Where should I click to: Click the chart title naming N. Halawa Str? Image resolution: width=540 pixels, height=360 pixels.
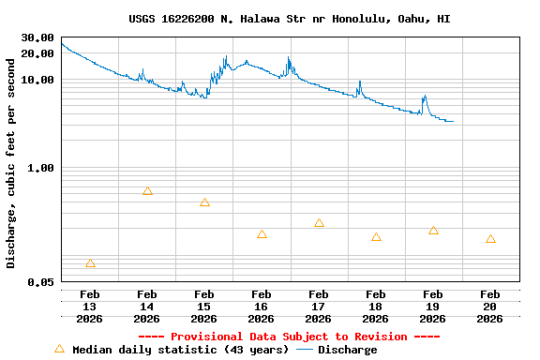(289, 19)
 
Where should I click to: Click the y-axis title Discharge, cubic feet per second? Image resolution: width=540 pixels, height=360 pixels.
(11, 163)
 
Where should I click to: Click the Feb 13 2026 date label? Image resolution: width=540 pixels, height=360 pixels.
(90, 307)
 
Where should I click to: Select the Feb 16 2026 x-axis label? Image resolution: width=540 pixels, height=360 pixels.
(262, 307)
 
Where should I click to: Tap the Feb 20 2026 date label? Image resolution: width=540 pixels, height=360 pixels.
(490, 307)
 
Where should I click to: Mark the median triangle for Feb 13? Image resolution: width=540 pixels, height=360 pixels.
(90, 263)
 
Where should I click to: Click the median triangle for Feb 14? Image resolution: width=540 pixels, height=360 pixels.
(147, 191)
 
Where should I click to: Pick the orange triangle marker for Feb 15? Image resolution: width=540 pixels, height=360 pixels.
(204, 202)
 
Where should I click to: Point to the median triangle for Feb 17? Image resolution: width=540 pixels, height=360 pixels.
(319, 223)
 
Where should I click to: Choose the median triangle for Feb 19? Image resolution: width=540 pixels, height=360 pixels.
(433, 231)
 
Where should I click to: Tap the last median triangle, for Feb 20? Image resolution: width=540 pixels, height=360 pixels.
(490, 239)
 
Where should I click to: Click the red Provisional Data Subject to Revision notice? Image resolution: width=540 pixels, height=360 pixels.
(289, 337)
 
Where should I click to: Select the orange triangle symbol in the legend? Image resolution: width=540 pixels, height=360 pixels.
(59, 349)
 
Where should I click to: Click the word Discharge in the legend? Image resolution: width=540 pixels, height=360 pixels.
(347, 350)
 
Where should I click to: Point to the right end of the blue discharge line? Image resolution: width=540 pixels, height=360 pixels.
(453, 121)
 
